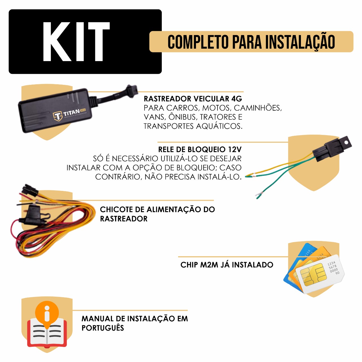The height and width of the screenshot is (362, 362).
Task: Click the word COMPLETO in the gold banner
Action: [198, 42]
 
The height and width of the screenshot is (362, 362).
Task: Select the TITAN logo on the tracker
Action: [69, 114]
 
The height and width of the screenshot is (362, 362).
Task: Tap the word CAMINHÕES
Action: [258, 108]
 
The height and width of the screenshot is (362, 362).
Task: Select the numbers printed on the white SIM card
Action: [333, 268]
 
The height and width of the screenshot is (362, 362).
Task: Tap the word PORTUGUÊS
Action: [103, 328]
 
